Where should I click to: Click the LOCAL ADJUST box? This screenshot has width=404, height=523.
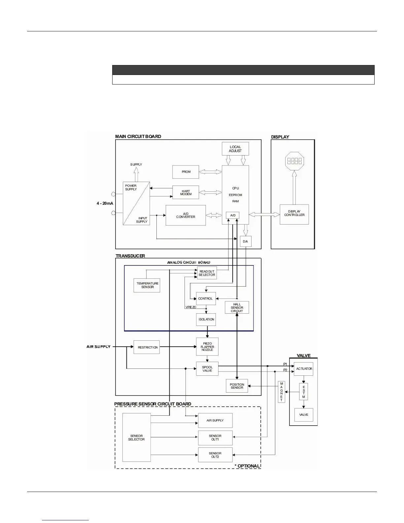pos(235,149)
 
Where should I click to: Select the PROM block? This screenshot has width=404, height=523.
pos(186,172)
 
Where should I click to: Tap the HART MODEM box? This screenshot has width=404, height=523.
pos(186,192)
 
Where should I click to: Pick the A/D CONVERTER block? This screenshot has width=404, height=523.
pos(185,215)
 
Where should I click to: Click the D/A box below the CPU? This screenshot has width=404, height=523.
pos(245,241)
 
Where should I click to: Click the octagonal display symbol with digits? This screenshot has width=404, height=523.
pos(294,161)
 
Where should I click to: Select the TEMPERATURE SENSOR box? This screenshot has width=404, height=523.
pos(147,285)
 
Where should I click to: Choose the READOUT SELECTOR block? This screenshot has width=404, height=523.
pos(207,273)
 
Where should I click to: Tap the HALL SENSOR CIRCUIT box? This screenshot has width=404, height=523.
pos(237,308)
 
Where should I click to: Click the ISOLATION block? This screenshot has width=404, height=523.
pos(206,319)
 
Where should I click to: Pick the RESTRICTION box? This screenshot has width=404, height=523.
pos(147,347)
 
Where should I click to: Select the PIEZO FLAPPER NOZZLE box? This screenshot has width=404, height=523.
pos(207,347)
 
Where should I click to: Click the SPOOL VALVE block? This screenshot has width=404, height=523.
pos(207,369)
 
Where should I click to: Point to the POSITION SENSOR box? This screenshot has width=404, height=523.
pos(237,386)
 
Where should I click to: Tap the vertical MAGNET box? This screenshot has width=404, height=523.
pos(281,392)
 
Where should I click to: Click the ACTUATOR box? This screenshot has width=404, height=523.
pos(304,369)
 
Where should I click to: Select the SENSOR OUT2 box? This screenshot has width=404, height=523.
pos(215,455)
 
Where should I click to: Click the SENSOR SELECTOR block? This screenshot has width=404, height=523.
pos(136,437)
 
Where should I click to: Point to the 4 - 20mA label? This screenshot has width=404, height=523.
pos(105,203)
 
